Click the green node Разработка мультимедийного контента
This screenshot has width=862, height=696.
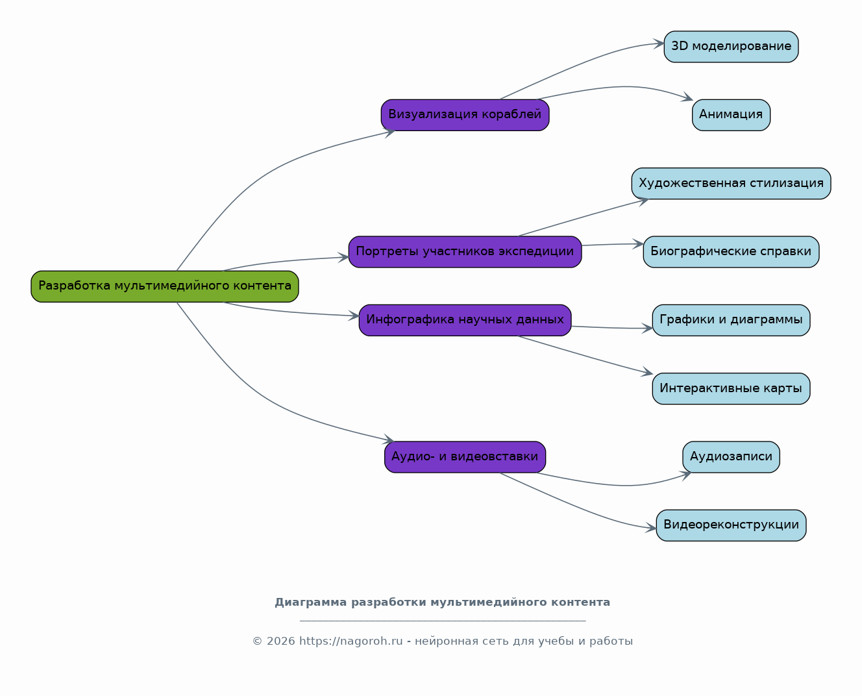[165, 286]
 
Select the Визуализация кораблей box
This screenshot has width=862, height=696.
[465, 116]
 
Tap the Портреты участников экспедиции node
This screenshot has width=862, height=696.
[465, 252]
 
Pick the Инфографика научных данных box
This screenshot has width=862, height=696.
[465, 321]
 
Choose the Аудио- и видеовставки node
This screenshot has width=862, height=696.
[465, 457]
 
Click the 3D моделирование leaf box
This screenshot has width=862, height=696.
[732, 47]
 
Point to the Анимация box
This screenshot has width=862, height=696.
[732, 116]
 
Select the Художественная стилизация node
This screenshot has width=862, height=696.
[732, 184]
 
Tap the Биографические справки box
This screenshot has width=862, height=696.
[732, 252]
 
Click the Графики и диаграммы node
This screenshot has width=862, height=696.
[732, 321]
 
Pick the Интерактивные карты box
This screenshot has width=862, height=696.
[732, 389]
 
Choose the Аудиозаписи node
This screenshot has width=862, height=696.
[732, 457]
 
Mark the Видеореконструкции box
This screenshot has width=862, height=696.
[732, 526]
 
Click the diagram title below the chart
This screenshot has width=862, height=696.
[442, 603]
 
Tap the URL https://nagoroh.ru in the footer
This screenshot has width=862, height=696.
[351, 641]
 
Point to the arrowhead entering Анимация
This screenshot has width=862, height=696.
[687, 97]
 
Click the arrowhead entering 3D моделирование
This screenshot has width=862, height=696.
[659, 43]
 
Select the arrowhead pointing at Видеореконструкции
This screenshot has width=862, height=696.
[651, 528]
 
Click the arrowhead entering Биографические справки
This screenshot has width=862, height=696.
[638, 244]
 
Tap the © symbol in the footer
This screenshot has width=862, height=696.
[258, 641]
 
